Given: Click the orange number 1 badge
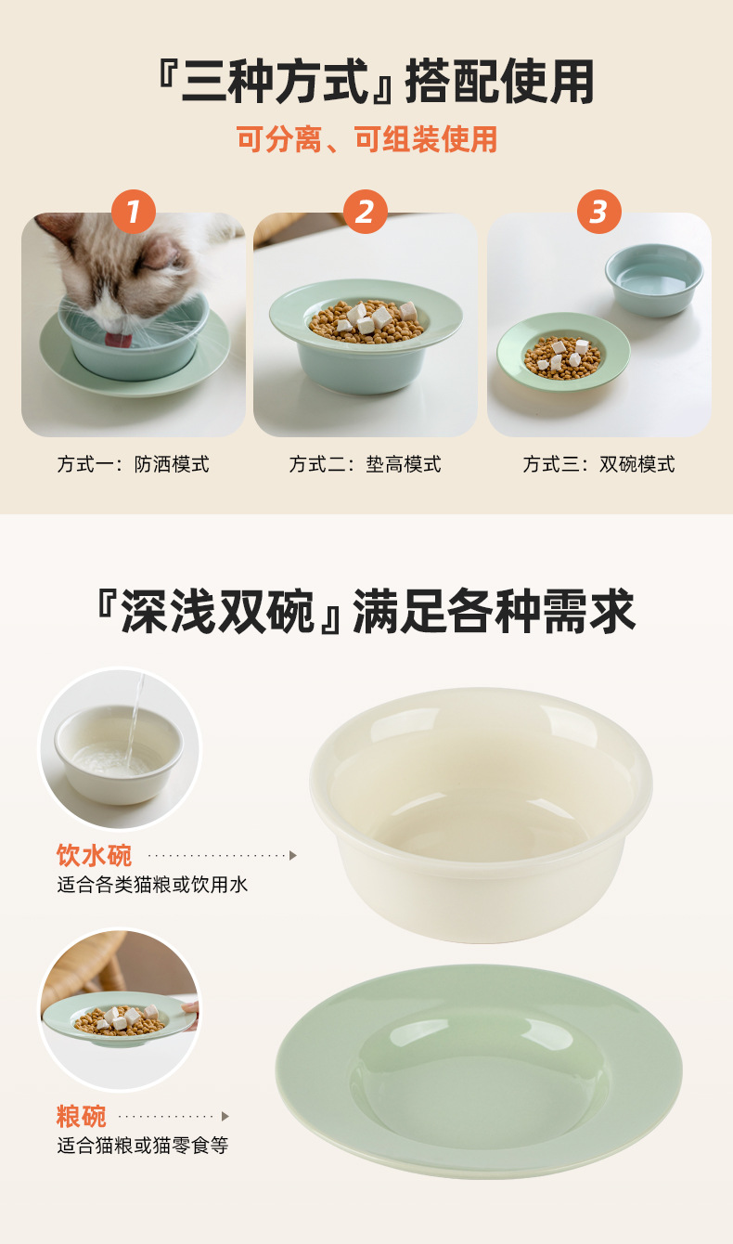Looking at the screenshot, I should [x=134, y=213].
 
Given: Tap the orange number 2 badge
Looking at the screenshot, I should [x=366, y=213].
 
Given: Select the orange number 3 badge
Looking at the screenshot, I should [x=598, y=213].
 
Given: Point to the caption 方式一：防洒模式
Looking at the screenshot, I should [x=134, y=464].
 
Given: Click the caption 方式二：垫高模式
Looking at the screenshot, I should [x=366, y=464].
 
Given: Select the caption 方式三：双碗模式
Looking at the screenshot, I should [x=598, y=464].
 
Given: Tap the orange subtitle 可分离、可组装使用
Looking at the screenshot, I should [x=366, y=139].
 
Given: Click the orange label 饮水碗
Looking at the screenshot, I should [x=95, y=855].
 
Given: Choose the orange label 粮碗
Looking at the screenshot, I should [x=82, y=1117].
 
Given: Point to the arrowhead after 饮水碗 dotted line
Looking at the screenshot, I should [x=293, y=855].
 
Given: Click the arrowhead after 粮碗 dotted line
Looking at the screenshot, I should [x=225, y=1117].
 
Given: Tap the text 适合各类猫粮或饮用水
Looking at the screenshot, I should [x=153, y=885].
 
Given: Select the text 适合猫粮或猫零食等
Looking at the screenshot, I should [x=143, y=1147].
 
